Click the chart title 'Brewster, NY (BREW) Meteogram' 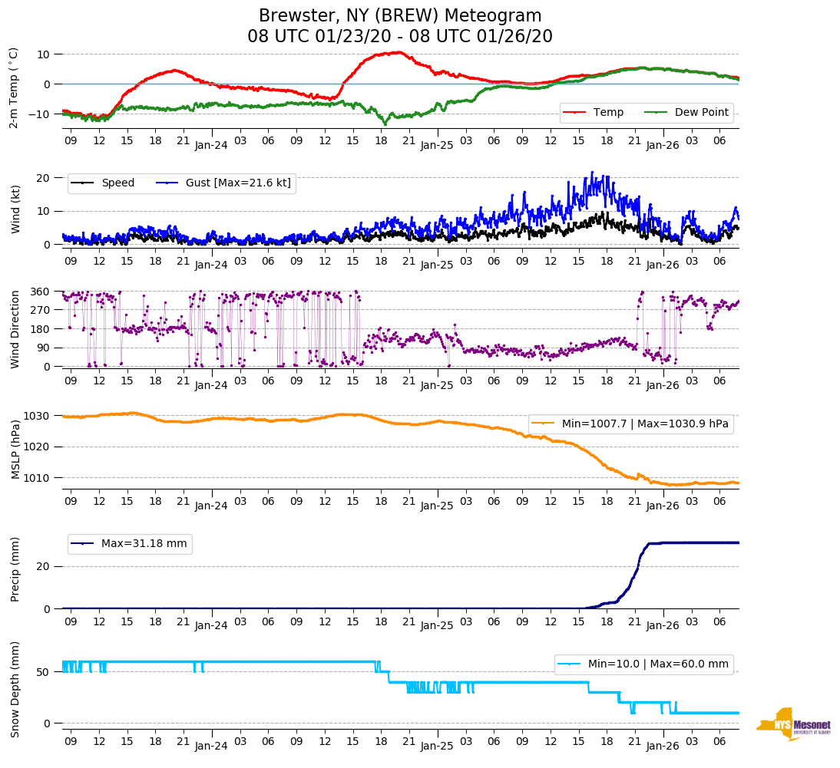tap(400, 16)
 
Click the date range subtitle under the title tap(400, 37)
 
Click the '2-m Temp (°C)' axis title tap(14, 87)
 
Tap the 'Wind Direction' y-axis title tap(14, 329)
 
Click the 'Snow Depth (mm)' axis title tap(14, 689)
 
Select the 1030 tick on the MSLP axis tap(40, 416)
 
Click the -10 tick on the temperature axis tap(40, 114)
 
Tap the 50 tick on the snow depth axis tap(45, 672)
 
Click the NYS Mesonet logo tap(793, 724)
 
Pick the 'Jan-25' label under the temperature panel tap(437, 144)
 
